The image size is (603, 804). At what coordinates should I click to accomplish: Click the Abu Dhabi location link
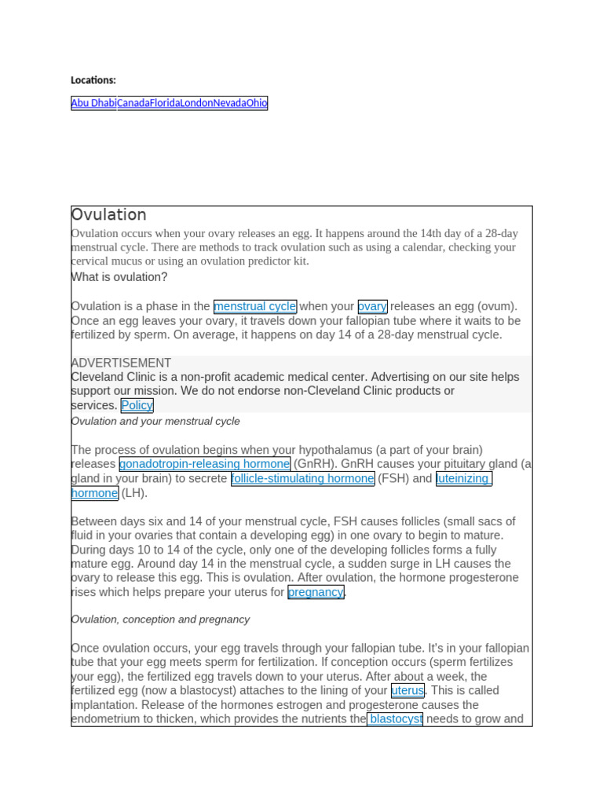93,103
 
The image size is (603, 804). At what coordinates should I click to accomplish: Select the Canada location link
133,103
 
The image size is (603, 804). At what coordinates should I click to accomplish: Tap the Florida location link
165,103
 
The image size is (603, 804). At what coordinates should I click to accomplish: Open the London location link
197,103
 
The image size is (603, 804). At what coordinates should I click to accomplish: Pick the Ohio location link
257,103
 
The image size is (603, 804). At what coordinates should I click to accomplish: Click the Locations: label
93,80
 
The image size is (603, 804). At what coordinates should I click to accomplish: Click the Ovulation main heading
109,214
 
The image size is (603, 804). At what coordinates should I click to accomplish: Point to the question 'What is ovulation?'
119,277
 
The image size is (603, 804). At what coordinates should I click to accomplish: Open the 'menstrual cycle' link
255,306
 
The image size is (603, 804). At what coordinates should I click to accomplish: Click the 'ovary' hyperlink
372,306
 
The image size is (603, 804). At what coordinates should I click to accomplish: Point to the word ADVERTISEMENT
121,363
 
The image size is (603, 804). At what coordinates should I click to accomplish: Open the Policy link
137,405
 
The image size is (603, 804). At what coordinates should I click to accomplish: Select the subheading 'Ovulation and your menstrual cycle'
155,421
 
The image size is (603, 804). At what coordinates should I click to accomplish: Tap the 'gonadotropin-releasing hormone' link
205,464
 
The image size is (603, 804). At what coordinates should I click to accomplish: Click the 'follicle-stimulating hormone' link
302,478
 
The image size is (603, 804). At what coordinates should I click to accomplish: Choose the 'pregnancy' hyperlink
316,592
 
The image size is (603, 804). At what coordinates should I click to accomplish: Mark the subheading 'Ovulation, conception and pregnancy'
160,619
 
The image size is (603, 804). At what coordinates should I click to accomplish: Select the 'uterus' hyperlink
407,690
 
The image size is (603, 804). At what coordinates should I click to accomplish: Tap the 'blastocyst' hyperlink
396,718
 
